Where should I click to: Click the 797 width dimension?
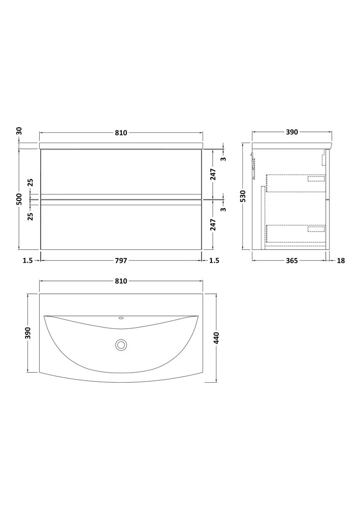coord(121,260)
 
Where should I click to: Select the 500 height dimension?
coord(19,199)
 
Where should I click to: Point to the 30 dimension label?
coord(19,131)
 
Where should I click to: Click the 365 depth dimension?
coord(292,260)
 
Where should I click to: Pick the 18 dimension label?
coord(341,260)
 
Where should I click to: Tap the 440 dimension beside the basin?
coord(217,338)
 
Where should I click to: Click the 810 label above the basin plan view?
coord(121,281)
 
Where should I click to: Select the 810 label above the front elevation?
coord(121,132)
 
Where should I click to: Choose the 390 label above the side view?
coord(292,132)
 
